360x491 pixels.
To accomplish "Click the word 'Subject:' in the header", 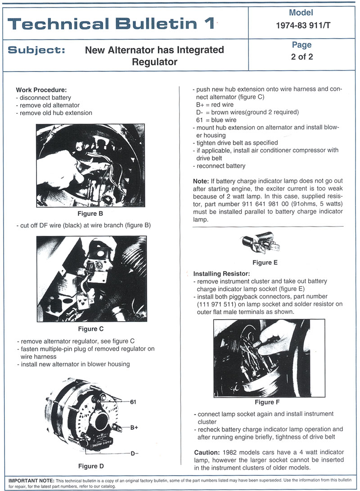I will [x=36, y=50].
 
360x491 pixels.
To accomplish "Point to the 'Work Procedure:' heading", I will [x=41, y=89].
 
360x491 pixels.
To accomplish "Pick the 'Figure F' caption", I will [x=267, y=402].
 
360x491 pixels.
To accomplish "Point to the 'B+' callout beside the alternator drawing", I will [x=134, y=428].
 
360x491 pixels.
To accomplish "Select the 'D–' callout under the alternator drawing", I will [x=134, y=453].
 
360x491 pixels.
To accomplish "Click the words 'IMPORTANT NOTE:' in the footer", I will [x=30, y=480].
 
